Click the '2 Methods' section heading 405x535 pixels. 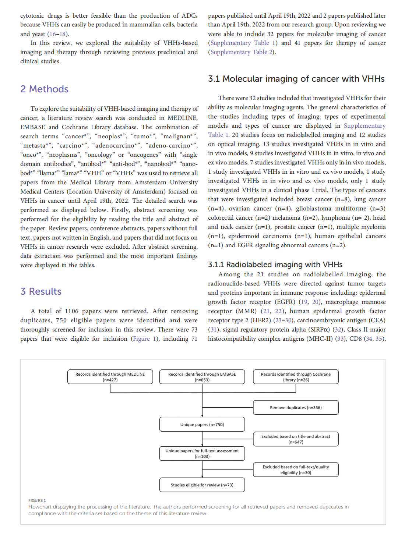[44, 89]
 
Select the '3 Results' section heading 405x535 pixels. [41, 291]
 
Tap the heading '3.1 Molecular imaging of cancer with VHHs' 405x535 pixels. [296, 79]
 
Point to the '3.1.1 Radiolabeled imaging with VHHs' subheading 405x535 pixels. [275, 265]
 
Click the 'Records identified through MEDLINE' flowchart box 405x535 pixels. [110, 377]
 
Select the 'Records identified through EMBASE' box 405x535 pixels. [202, 377]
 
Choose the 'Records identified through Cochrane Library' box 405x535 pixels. [296, 377]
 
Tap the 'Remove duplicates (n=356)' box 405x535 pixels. [296, 407]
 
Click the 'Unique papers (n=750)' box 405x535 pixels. [202, 424]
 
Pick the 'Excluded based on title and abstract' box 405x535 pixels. [296, 439]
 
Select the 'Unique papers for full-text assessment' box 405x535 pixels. [202, 453]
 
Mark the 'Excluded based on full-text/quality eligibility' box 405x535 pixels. [296, 470]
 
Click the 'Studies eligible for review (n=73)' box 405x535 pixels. [202, 485]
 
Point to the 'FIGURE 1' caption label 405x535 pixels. [37, 500]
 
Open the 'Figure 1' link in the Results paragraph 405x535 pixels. [144, 339]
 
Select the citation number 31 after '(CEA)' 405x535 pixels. [213, 329]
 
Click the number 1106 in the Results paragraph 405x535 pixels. [71, 311]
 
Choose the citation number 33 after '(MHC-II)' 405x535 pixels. [341, 339]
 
